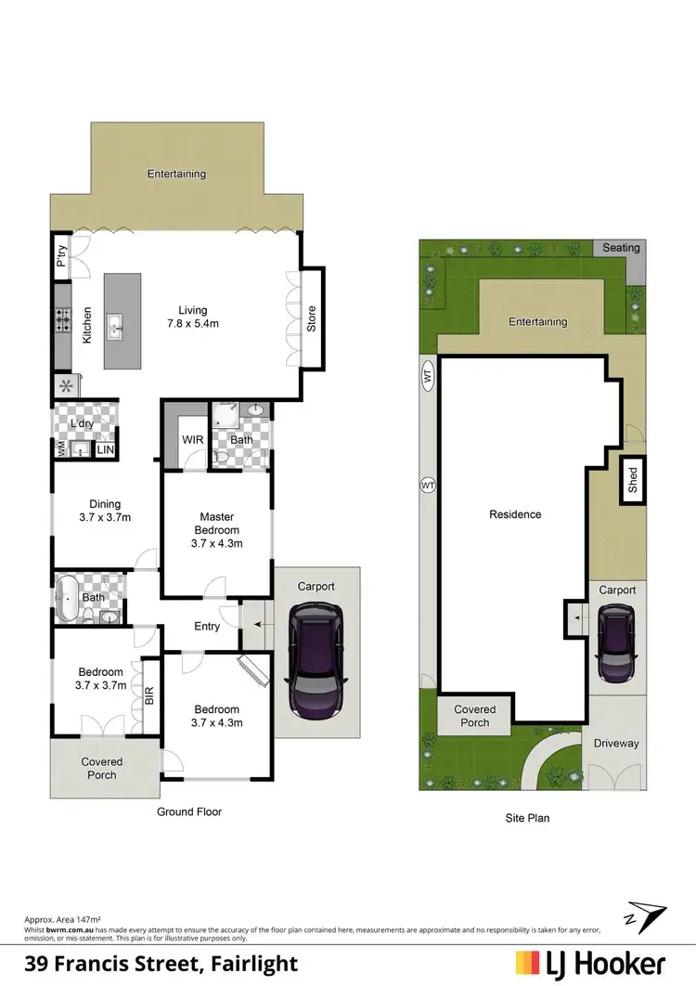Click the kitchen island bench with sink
coord(122,320)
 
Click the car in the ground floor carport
coord(315,660)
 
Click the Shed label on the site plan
coord(633,480)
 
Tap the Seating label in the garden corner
coord(621,248)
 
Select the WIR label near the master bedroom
coord(193,439)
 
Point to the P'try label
coord(61,255)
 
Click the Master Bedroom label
coord(216,529)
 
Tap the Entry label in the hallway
coord(207,626)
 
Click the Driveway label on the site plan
coord(616,744)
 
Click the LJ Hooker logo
coord(590,962)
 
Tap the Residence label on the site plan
coord(515,514)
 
